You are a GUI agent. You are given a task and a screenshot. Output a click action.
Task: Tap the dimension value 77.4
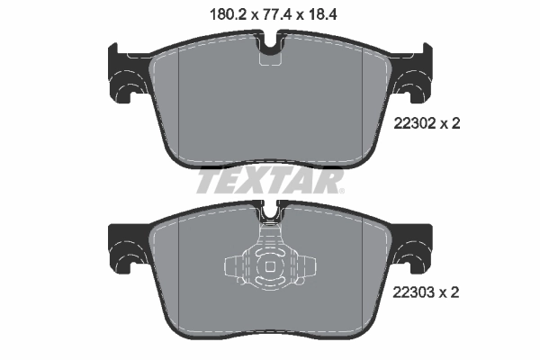tap(270, 13)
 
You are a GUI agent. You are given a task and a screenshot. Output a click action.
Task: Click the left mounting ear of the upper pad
tap(121, 72)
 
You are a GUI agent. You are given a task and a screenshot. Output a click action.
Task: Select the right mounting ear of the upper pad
tap(418, 72)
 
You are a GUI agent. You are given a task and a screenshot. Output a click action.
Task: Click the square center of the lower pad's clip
tap(270, 267)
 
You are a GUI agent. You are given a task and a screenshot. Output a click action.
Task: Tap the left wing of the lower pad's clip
tap(236, 267)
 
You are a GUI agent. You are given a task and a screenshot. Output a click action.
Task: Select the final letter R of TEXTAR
tap(330, 183)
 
